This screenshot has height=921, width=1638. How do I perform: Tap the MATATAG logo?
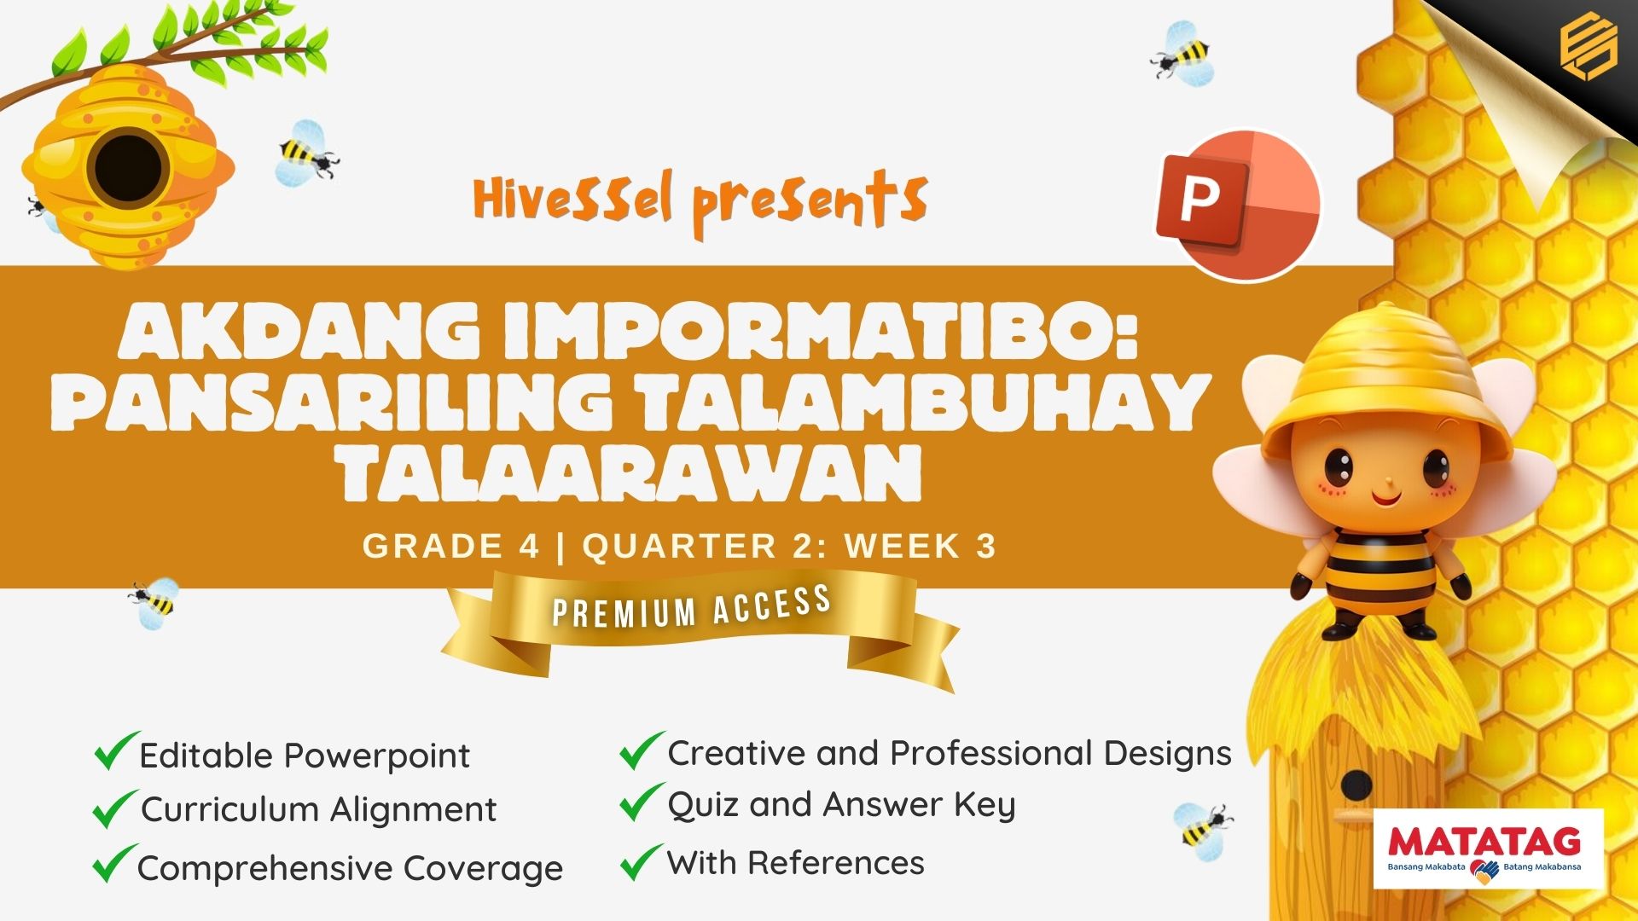pyautogui.click(x=1488, y=849)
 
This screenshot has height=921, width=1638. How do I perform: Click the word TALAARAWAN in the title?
pyautogui.click(x=632, y=472)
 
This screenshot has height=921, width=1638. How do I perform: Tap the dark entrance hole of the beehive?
pyautogui.click(x=129, y=169)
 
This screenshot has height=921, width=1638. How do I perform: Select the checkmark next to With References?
pyautogui.click(x=642, y=861)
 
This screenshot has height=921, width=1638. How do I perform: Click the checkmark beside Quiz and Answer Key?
pyautogui.click(x=642, y=802)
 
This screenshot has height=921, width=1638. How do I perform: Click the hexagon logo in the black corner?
pyautogui.click(x=1588, y=49)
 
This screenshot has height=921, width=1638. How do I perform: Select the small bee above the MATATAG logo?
pyautogui.click(x=1202, y=825)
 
